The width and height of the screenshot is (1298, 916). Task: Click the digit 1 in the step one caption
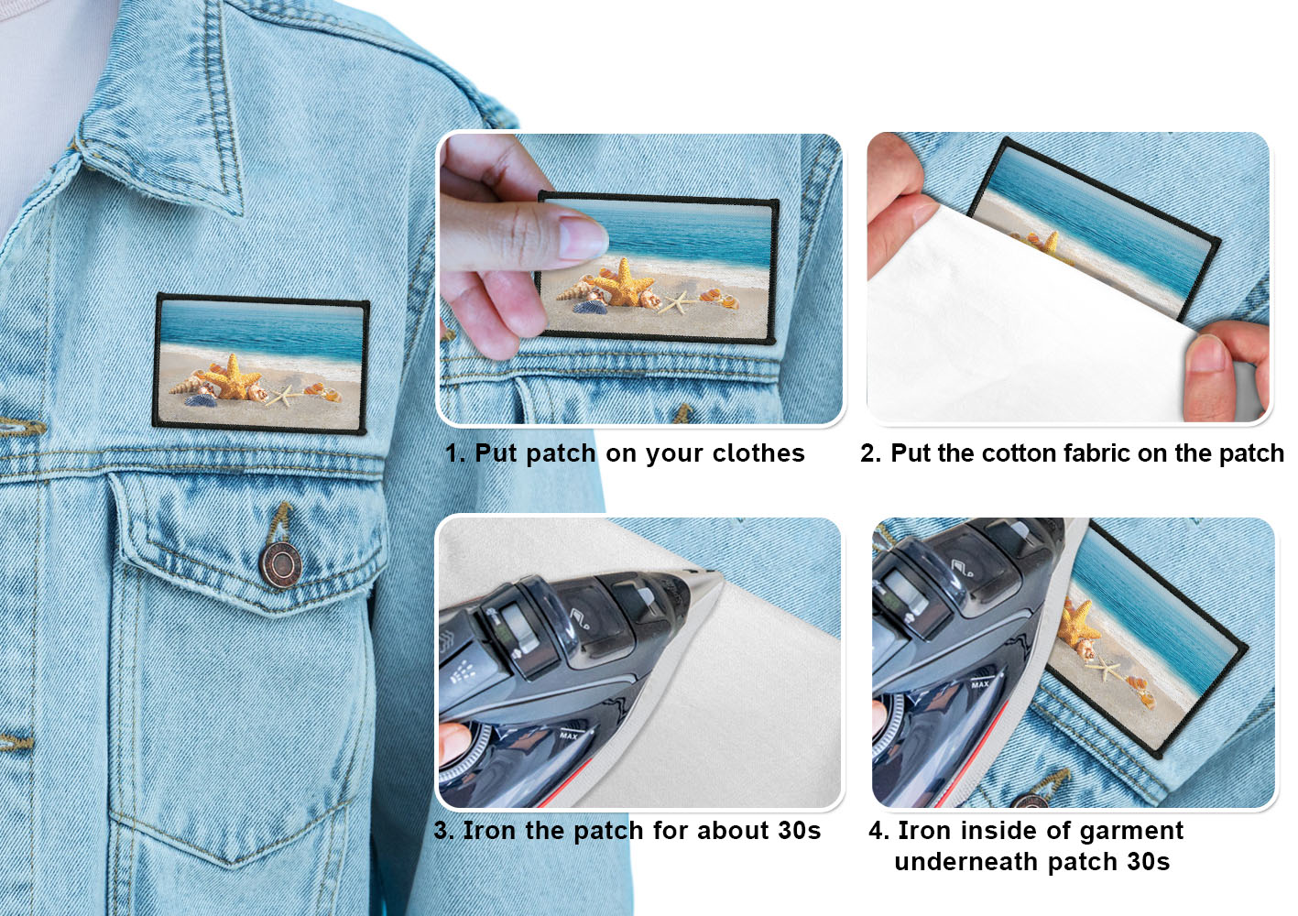(x=452, y=453)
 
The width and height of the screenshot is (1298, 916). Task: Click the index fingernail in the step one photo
(x=583, y=238)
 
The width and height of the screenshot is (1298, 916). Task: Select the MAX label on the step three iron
(x=569, y=736)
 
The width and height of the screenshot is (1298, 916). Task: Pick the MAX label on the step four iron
(x=980, y=684)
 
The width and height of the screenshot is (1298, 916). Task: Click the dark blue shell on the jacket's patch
(x=201, y=400)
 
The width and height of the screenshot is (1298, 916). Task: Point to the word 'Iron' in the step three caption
(x=488, y=831)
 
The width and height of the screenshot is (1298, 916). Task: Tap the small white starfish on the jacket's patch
(x=283, y=395)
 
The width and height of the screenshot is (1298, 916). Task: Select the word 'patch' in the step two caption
(x=1251, y=453)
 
